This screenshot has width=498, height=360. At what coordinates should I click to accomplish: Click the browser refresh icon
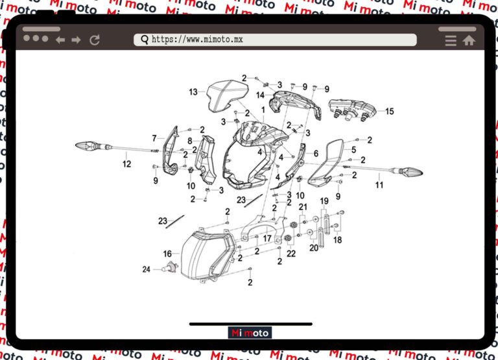click(x=95, y=40)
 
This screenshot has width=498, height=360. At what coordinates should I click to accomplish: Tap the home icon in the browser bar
click(x=468, y=40)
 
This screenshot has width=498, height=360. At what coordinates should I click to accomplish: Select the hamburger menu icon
click(x=451, y=40)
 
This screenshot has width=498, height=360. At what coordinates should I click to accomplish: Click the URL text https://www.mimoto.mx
click(x=197, y=40)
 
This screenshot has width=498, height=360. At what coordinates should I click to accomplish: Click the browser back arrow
click(x=60, y=40)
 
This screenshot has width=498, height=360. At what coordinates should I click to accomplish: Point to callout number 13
click(x=193, y=92)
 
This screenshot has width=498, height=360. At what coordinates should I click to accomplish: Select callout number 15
click(x=389, y=112)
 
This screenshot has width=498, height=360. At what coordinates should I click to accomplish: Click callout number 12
click(x=126, y=164)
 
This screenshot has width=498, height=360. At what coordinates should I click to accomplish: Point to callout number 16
click(x=167, y=254)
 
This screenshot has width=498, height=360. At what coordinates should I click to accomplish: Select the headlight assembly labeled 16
click(x=206, y=255)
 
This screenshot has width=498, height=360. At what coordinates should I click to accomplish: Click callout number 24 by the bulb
click(x=147, y=269)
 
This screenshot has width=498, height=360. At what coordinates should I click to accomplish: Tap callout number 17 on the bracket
click(x=267, y=238)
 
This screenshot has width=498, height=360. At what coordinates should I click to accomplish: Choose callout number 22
click(x=291, y=253)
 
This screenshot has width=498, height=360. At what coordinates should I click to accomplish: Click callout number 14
click(x=260, y=95)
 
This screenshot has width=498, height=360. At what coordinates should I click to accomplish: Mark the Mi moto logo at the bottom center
click(x=250, y=333)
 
